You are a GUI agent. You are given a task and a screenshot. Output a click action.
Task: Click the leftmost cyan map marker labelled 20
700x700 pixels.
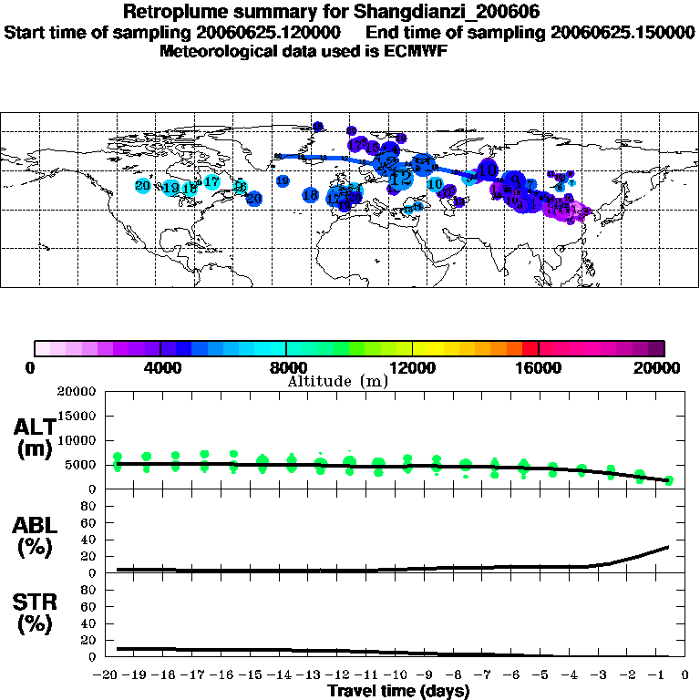coord(142,186)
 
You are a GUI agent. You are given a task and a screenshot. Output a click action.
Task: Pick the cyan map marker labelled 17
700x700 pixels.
coord(211,182)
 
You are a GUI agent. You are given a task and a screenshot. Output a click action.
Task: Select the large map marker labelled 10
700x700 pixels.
coord(489,170)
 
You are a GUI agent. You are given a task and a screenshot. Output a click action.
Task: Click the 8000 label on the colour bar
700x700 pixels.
coord(286,368)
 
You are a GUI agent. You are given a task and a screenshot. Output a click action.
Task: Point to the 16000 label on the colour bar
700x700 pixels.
coord(539,368)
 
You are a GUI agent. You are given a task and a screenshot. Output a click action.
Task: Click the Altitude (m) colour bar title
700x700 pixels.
coord(337,381)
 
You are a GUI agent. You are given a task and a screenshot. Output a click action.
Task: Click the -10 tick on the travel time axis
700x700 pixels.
coord(396,674)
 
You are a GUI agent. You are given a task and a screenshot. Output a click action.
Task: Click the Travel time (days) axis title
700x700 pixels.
coord(398,691)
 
